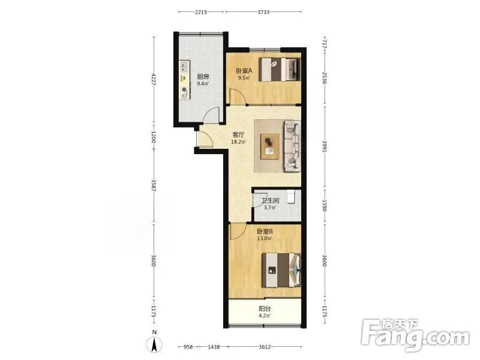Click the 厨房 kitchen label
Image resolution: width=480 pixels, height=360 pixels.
203,77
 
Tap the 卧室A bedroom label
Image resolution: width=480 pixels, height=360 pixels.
244,71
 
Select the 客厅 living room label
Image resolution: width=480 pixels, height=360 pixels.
238,134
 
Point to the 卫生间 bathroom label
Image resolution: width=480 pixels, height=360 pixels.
270,200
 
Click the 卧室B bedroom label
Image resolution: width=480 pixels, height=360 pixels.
265,232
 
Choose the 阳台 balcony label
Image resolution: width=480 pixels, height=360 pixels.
265,308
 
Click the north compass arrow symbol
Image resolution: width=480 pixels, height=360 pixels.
155,344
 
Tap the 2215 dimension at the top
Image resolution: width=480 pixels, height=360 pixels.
201,12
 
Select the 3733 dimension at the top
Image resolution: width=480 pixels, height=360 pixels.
263,12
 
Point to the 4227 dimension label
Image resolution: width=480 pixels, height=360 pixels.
154,79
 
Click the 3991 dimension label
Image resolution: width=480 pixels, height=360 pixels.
325,146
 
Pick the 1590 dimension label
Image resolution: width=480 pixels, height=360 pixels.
325,205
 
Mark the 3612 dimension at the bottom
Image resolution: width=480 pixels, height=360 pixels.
265,347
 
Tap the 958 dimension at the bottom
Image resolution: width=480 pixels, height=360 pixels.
188,347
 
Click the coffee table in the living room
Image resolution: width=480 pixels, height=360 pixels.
269,146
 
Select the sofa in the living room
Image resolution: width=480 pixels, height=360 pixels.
292,146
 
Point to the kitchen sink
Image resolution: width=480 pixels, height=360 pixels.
184,67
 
